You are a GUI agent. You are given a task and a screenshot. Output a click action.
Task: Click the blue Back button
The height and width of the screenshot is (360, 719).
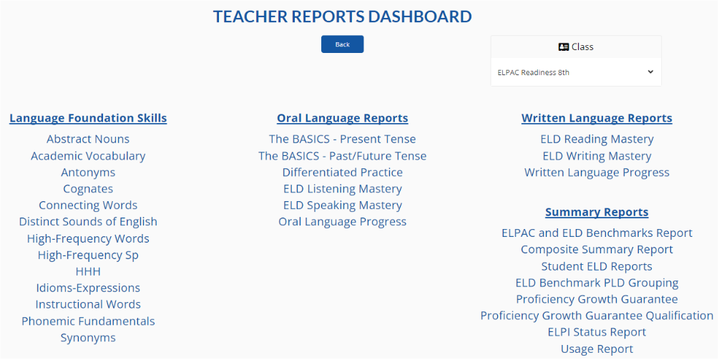(x=342, y=44)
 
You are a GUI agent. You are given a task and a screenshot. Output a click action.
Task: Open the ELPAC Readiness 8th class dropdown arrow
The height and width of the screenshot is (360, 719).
(x=650, y=72)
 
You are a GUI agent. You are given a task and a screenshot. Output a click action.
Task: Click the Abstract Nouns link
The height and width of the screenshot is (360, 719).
(x=88, y=139)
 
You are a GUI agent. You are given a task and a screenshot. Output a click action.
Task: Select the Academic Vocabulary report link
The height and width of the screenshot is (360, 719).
(x=88, y=156)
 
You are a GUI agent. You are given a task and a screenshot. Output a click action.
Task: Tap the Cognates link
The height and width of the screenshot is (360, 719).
(x=88, y=189)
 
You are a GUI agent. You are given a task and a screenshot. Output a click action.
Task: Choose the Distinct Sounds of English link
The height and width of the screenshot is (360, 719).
(x=88, y=221)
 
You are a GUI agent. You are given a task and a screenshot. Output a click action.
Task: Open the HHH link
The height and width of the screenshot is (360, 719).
(x=88, y=271)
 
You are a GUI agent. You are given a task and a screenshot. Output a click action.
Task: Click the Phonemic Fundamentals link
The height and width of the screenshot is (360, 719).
(x=88, y=321)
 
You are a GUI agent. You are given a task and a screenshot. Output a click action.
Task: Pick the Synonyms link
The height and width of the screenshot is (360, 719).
(x=88, y=338)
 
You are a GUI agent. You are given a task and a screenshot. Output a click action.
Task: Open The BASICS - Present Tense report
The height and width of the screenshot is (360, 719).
(x=343, y=139)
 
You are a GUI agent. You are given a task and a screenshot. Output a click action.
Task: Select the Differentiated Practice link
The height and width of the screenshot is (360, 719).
(x=343, y=172)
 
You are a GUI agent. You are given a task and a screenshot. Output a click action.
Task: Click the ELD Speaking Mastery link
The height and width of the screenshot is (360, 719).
(x=343, y=205)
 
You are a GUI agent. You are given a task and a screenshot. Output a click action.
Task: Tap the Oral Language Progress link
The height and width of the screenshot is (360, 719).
(x=343, y=222)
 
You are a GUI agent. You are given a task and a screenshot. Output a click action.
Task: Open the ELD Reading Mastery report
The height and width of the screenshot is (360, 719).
(x=597, y=139)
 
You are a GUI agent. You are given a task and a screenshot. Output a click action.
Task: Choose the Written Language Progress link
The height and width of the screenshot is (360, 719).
(x=597, y=172)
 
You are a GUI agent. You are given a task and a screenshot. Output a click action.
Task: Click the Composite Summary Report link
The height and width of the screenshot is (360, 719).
(x=597, y=250)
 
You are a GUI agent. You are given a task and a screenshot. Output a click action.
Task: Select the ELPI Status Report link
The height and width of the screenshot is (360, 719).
(x=597, y=332)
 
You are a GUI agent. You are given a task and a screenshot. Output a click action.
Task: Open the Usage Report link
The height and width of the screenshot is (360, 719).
(x=597, y=349)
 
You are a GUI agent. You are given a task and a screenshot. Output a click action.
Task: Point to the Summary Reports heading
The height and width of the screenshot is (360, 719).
(x=597, y=213)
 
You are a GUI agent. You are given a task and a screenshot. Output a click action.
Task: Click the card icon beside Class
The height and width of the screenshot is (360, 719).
(x=564, y=47)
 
